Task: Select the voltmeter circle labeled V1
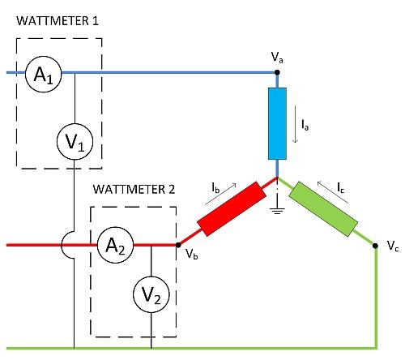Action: [74, 144]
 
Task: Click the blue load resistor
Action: [278, 124]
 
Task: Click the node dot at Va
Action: [278, 72]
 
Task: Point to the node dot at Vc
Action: [377, 251]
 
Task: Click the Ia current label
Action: [304, 126]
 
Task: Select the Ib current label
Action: [216, 188]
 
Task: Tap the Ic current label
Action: [341, 187]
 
